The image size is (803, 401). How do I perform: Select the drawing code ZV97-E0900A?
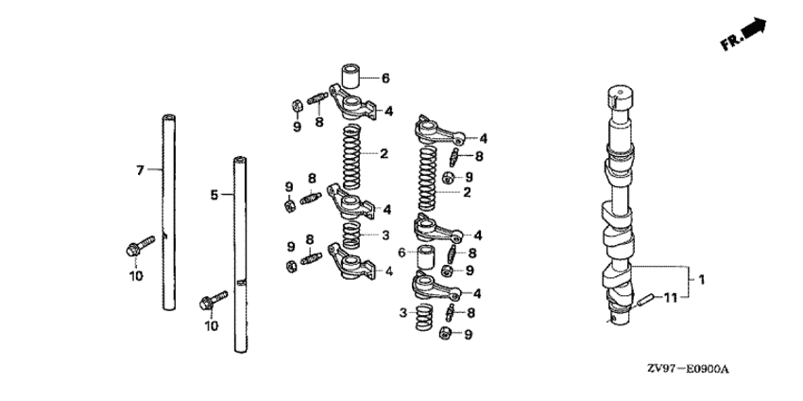pyautogui.click(x=687, y=369)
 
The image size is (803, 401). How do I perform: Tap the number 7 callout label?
pyautogui.click(x=140, y=170)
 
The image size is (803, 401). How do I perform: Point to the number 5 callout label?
pyautogui.click(x=214, y=195)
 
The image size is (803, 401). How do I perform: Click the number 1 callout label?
pyautogui.click(x=702, y=280)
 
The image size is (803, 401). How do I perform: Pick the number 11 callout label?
pyautogui.click(x=671, y=297)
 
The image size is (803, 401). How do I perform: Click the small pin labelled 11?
pyautogui.click(x=643, y=299)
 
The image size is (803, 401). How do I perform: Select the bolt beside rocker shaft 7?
pyautogui.click(x=140, y=247)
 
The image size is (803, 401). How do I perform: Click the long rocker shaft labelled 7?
pyautogui.click(x=169, y=212)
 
